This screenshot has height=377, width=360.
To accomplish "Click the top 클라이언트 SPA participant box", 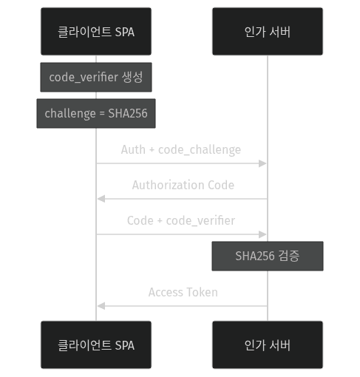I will [96, 31].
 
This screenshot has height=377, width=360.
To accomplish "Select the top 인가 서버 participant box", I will [267, 31].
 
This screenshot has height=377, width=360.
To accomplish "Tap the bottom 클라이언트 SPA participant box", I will [96, 344].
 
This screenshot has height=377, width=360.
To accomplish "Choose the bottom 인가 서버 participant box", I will [267, 344].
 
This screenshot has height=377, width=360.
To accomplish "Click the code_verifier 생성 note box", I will [96, 77].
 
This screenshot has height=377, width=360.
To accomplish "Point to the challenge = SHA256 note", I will [96, 113].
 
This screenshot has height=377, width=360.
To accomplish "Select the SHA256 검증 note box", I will [267, 256].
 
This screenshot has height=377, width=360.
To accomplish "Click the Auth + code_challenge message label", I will [181, 150].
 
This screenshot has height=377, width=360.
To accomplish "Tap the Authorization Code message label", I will [183, 185].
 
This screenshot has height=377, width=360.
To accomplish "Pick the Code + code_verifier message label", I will [181, 220].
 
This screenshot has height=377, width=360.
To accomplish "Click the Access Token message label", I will [183, 292].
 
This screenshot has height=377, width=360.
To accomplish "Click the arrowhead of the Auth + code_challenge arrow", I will [263, 163].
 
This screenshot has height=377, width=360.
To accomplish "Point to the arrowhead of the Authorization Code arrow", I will [101, 199].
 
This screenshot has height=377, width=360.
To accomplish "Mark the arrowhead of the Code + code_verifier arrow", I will [263, 234].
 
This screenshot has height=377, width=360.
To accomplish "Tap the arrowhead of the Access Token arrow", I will [101, 305].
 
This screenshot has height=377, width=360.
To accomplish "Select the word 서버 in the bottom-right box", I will [279, 345].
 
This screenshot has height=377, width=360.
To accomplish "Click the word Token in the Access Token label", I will [202, 292].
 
